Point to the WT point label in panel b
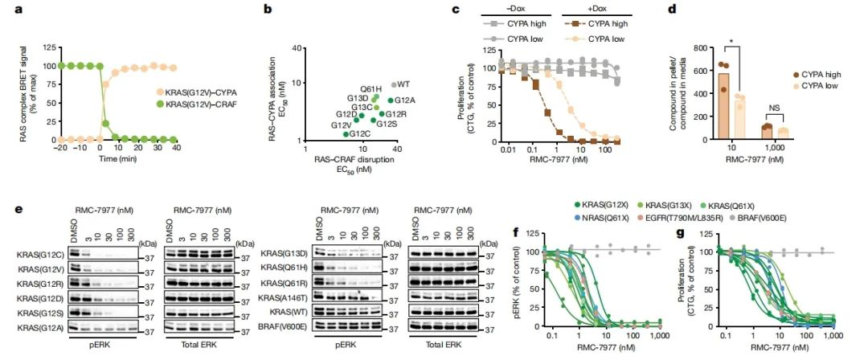pos(403,84)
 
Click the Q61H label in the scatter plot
pos(371,88)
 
